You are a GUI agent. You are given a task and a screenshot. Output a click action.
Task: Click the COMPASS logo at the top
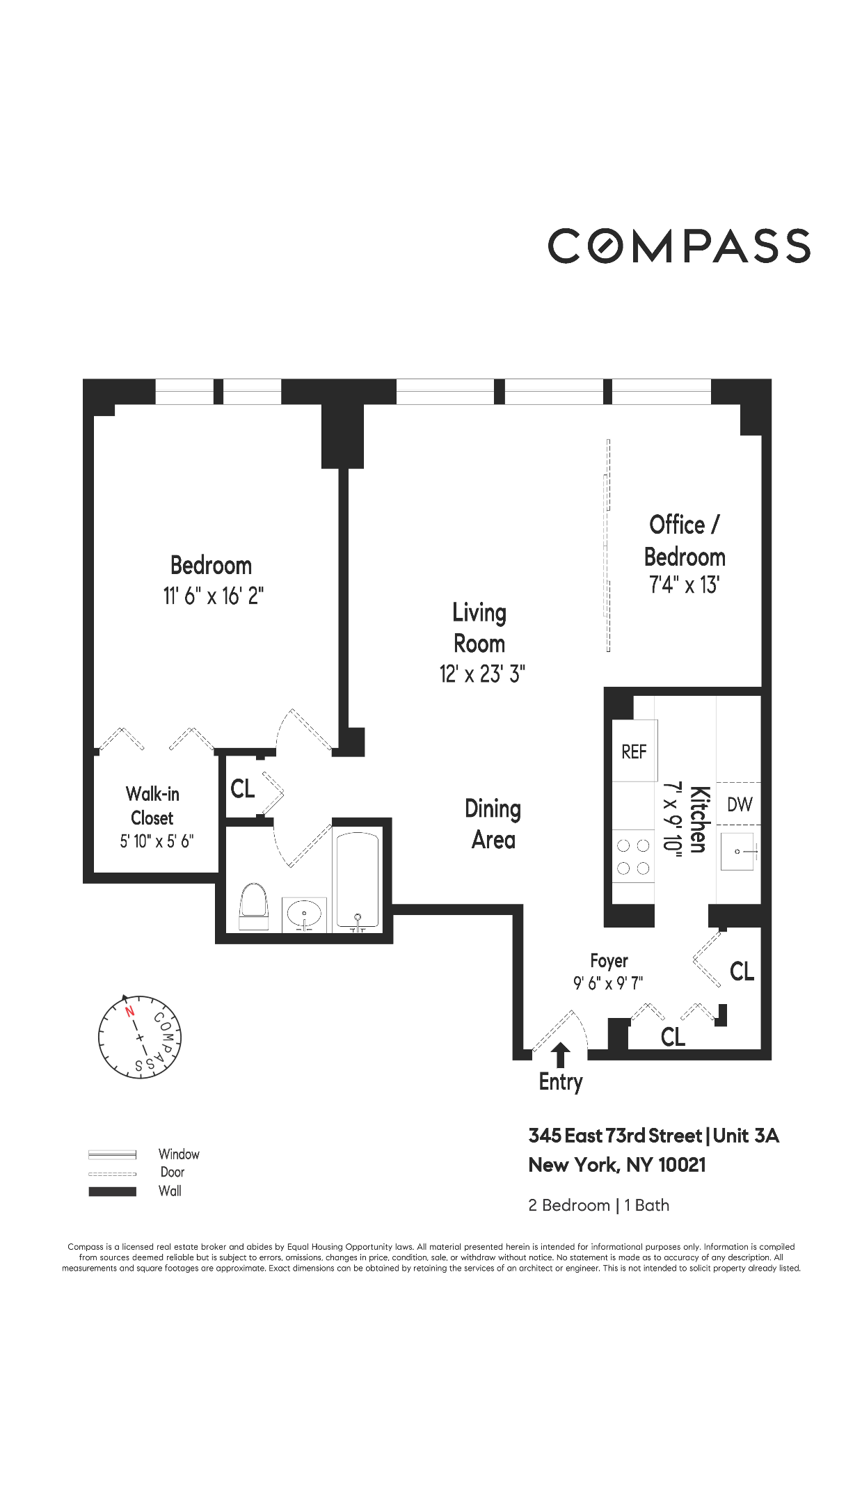click(x=678, y=246)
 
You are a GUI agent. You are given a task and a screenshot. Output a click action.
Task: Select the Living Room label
click(x=479, y=628)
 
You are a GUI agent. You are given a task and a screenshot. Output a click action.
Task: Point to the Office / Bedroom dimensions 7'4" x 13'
click(x=684, y=585)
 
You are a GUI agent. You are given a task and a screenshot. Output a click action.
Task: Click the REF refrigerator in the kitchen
click(x=634, y=751)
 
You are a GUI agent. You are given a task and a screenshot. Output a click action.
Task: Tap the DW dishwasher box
click(x=740, y=804)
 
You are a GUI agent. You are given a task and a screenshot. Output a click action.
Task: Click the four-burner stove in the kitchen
click(x=633, y=857)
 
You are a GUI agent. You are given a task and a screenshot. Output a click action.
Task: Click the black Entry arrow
click(x=561, y=1055)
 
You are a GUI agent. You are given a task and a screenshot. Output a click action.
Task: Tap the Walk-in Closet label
click(x=152, y=806)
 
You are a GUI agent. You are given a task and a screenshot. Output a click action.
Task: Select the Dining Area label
click(x=493, y=825)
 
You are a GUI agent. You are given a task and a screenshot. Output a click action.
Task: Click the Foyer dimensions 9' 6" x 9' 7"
click(x=608, y=983)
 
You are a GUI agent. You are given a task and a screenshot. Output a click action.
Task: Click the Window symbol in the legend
click(x=112, y=1155)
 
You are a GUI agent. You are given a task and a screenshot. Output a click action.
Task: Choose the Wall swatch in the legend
click(x=112, y=1191)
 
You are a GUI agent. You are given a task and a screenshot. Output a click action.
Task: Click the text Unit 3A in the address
click(x=746, y=1136)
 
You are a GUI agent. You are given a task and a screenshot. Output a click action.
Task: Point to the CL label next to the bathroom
click(x=242, y=788)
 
